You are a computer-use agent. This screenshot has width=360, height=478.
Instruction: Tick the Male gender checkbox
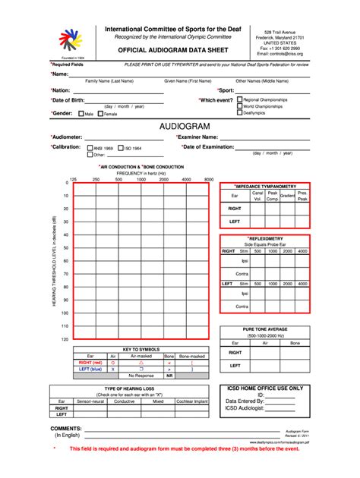point(80,114)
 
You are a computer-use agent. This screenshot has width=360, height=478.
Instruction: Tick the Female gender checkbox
point(101,114)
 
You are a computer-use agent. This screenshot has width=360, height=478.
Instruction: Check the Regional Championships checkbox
point(240,99)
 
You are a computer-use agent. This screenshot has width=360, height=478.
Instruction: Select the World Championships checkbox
point(240,106)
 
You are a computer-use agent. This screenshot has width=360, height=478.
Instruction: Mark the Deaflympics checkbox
point(240,114)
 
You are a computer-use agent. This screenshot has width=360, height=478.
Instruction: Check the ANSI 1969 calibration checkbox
point(90,147)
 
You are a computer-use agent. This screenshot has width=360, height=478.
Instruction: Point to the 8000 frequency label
point(209,179)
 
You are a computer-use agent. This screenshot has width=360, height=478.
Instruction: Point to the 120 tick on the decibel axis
point(65,338)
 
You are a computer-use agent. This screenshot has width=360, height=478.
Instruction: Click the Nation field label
point(64,90)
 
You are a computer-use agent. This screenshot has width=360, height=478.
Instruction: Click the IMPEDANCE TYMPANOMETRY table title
point(265,186)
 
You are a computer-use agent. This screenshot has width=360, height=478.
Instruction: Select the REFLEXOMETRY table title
point(265,237)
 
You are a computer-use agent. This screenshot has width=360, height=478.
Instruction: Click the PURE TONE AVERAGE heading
point(265,329)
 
